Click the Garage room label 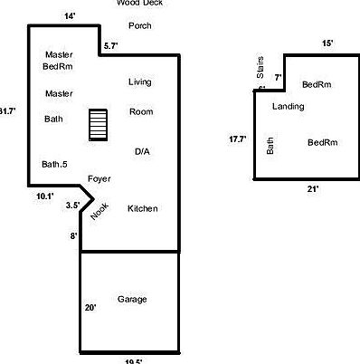click(132, 299)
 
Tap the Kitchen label click(143, 209)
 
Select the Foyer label click(99, 178)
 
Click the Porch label click(140, 25)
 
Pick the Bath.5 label click(54, 165)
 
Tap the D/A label click(142, 151)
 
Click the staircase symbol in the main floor click(98, 125)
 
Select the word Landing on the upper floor click(288, 107)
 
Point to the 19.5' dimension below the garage click(133, 361)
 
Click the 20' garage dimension click(90, 308)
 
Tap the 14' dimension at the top click(71, 16)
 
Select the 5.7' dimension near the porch click(111, 45)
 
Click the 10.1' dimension click(45, 196)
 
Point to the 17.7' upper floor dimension click(238, 139)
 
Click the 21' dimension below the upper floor click(313, 188)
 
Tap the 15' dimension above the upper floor click(327, 43)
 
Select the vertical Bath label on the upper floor click(270, 145)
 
